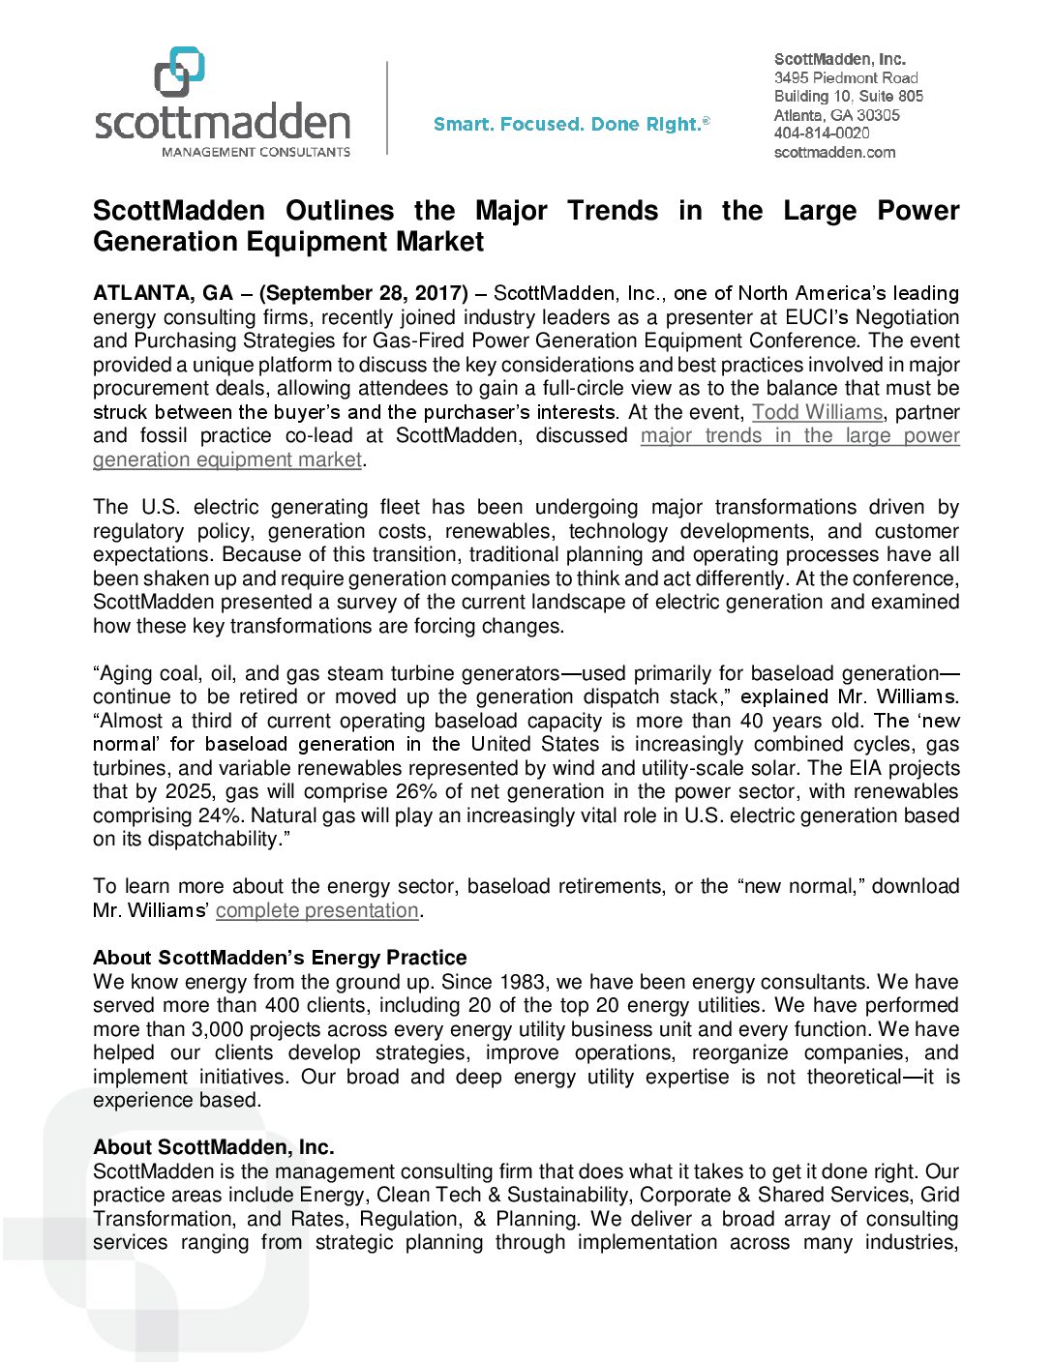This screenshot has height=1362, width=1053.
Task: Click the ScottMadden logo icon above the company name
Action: [179, 72]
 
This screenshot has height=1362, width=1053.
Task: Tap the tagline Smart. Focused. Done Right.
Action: [571, 125]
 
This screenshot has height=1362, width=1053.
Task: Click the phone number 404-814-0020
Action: [821, 133]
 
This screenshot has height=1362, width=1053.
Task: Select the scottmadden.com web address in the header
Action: [834, 152]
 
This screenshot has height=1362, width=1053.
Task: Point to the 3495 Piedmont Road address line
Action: [846, 77]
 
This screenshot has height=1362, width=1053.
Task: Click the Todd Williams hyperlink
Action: [817, 412]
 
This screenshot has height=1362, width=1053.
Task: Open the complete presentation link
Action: [316, 910]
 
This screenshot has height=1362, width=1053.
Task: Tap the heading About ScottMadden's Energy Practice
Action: [280, 958]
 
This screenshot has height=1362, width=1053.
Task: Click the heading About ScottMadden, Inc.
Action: [214, 1147]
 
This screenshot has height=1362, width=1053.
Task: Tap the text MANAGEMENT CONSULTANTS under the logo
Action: [256, 152]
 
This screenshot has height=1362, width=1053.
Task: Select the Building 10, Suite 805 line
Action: [848, 96]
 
